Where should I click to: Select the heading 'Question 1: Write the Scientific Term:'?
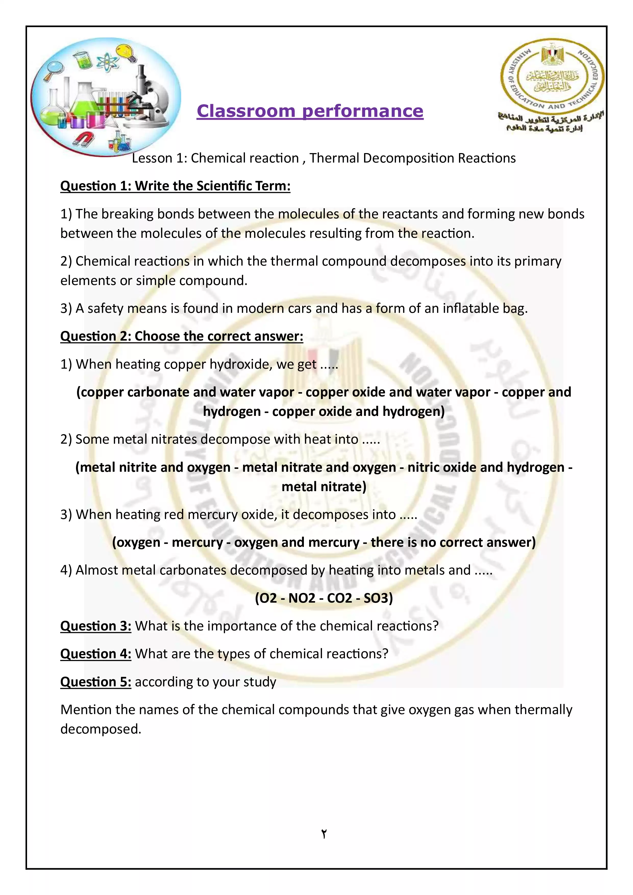point(175,186)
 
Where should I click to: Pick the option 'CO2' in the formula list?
point(340,598)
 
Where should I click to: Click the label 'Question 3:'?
point(95,626)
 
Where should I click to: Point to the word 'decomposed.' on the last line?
point(101,729)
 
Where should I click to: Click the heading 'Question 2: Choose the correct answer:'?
point(182,337)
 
